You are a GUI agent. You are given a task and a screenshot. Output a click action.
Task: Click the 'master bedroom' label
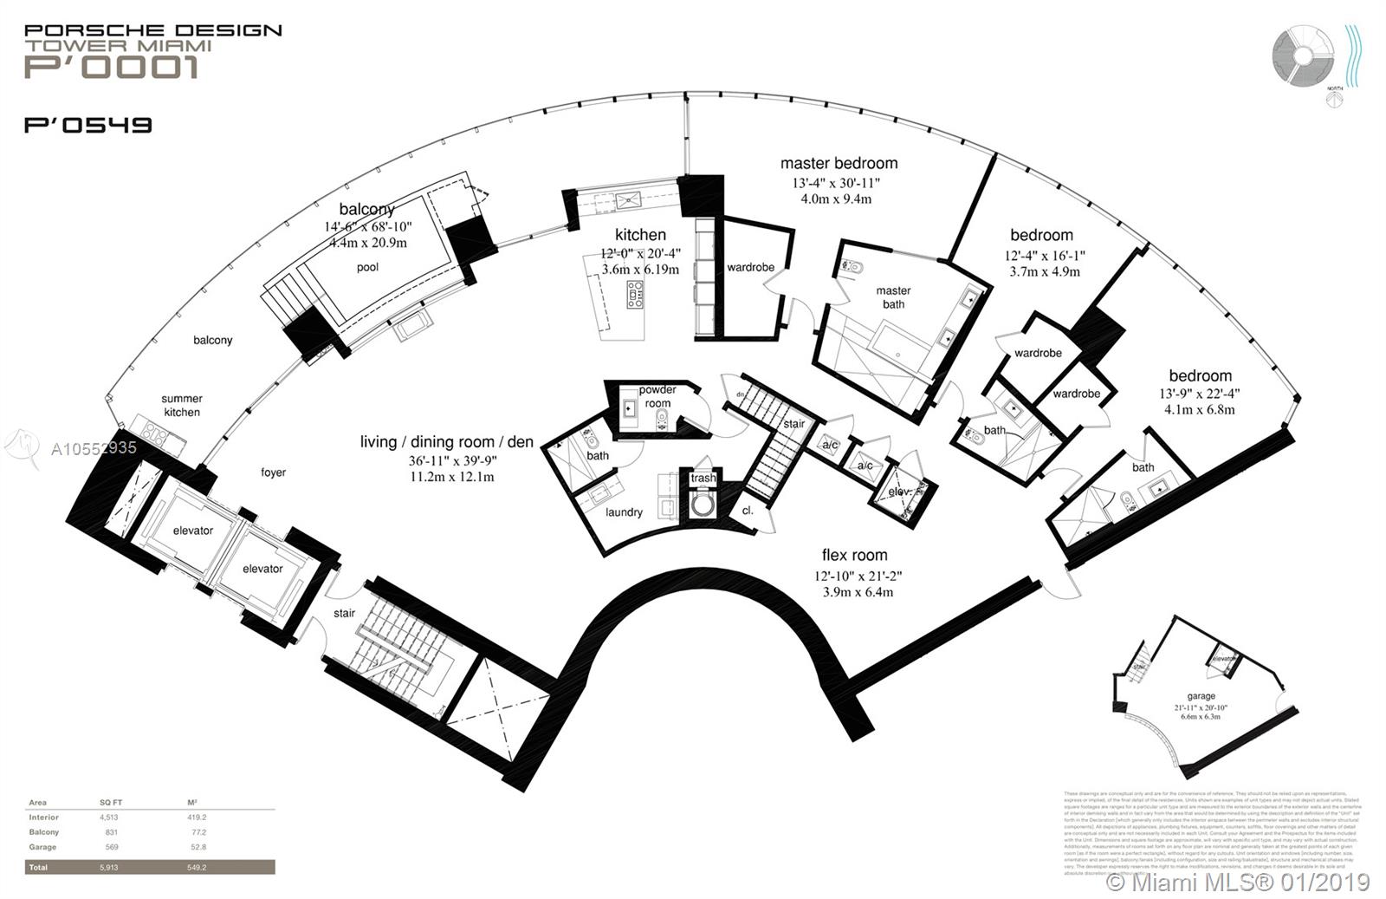pyautogui.click(x=839, y=163)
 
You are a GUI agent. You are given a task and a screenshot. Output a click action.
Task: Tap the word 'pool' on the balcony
pyautogui.click(x=368, y=267)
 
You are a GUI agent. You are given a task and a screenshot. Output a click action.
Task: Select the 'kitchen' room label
pyautogui.click(x=640, y=235)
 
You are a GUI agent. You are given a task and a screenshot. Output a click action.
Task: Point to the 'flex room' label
pyautogui.click(x=854, y=555)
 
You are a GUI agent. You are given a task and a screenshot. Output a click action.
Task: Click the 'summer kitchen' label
pyautogui.click(x=182, y=406)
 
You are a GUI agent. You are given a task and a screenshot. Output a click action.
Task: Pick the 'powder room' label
pyautogui.click(x=657, y=396)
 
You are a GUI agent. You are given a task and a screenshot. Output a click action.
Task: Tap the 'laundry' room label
pyautogui.click(x=624, y=512)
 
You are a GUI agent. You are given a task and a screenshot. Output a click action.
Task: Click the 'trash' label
pyautogui.click(x=703, y=478)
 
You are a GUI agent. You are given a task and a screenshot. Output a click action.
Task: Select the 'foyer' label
pyautogui.click(x=274, y=472)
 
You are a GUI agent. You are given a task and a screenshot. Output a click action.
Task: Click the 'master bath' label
pyautogui.click(x=893, y=297)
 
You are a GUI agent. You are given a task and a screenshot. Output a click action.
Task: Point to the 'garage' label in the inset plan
pyautogui.click(x=1201, y=696)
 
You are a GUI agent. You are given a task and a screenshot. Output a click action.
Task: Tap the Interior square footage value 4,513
pyautogui.click(x=108, y=818)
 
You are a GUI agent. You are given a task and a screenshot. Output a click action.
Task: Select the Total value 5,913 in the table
pyautogui.click(x=108, y=867)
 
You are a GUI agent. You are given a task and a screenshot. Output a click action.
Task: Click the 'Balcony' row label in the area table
pyautogui.click(x=43, y=832)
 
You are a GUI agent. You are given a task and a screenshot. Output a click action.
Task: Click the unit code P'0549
pyautogui.click(x=88, y=125)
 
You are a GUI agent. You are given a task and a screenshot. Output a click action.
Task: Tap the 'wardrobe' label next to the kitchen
pyautogui.click(x=750, y=267)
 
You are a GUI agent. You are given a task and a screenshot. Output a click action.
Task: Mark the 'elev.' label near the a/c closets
pyautogui.click(x=900, y=492)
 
